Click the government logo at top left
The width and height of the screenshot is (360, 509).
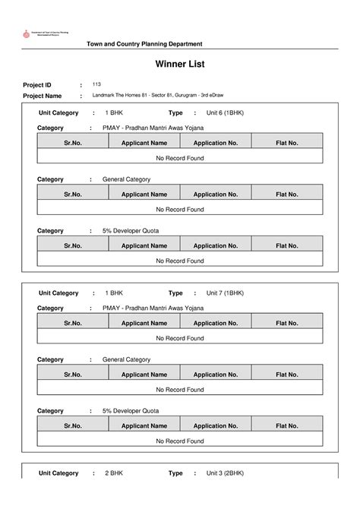click(x=28, y=35)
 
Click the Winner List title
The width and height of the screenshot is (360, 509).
click(x=180, y=65)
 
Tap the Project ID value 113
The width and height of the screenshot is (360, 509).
click(x=96, y=84)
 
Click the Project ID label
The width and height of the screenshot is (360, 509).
click(x=37, y=85)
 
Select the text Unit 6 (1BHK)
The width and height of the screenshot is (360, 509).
click(x=225, y=112)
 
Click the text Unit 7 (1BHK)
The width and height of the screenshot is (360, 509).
click(x=225, y=292)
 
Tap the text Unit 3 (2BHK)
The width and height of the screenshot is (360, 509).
click(x=225, y=473)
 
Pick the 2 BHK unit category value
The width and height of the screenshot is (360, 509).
click(x=114, y=473)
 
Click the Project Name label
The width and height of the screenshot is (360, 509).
click(x=43, y=96)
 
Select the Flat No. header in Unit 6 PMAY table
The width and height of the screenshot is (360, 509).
click(x=287, y=142)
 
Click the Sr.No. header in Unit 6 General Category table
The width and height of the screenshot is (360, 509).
click(x=73, y=194)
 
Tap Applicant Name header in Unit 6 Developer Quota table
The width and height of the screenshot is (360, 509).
click(x=144, y=245)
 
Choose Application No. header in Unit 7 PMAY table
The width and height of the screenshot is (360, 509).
click(x=216, y=322)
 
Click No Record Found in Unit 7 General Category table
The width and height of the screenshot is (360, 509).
click(x=180, y=390)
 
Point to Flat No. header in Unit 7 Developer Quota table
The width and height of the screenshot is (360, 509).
click(x=287, y=425)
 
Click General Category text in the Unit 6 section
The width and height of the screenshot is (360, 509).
click(x=126, y=179)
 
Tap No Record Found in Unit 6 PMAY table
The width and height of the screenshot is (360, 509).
click(x=180, y=157)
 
